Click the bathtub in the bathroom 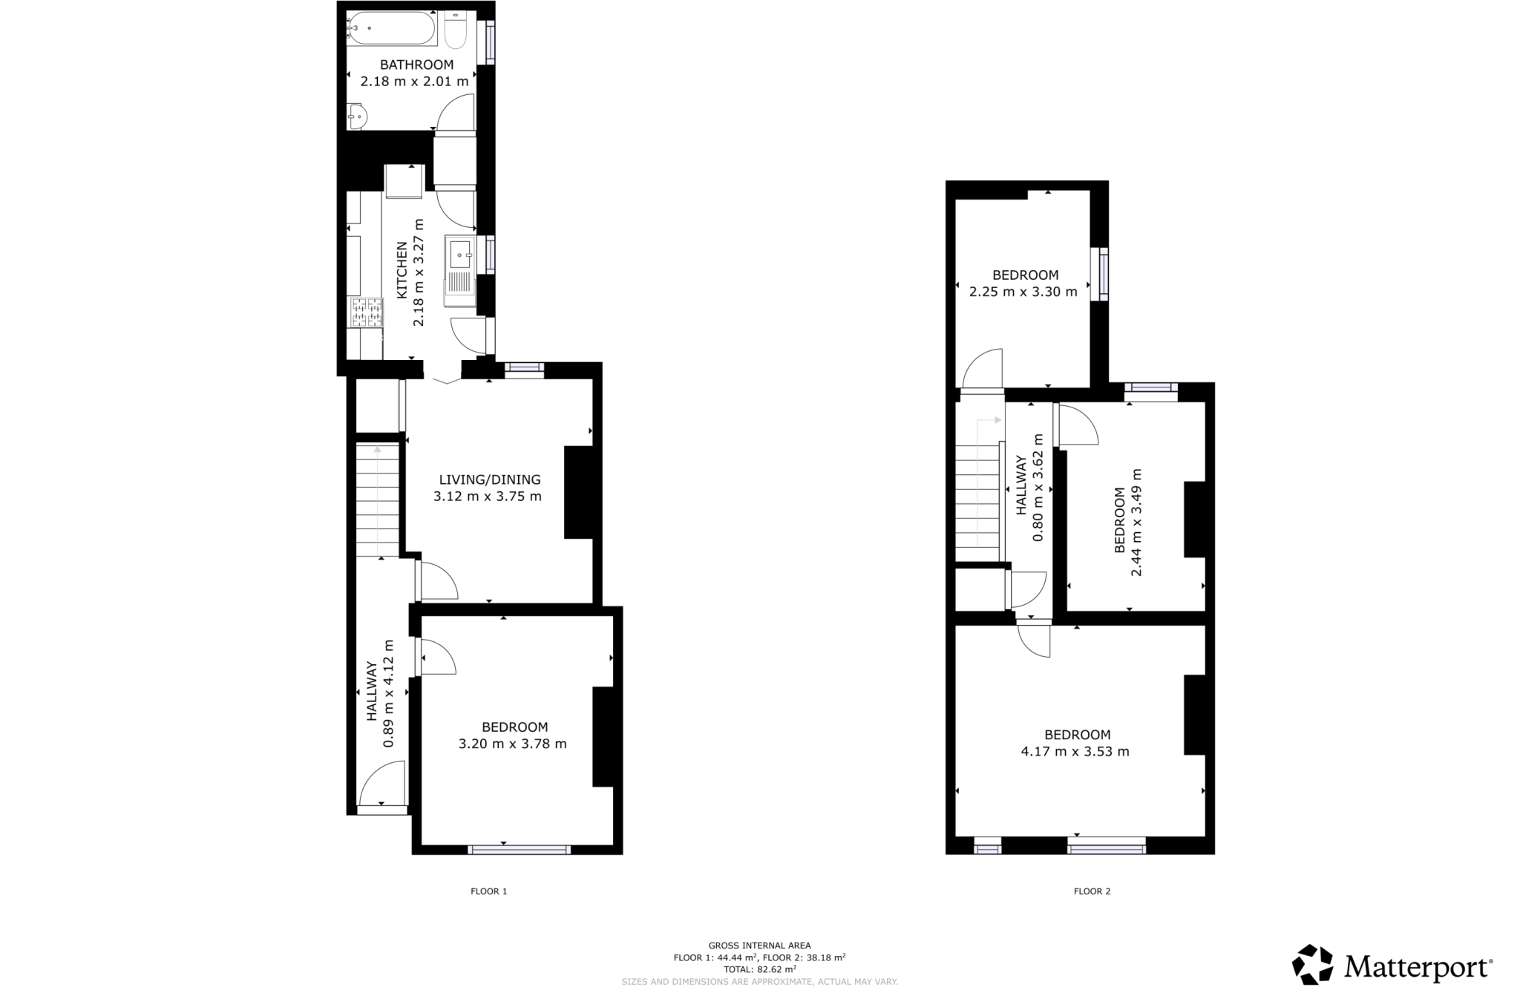click(390, 28)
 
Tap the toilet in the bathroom click(455, 30)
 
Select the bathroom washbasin click(357, 117)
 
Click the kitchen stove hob click(366, 312)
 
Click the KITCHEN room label click(402, 270)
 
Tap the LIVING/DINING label click(490, 479)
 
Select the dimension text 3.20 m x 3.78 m click(513, 744)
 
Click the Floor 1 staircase click(378, 499)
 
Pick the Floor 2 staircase click(977, 502)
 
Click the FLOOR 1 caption click(489, 891)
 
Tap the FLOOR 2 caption click(1092, 891)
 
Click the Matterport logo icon click(1313, 964)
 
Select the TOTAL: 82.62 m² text click(760, 969)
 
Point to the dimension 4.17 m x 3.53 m click(1075, 751)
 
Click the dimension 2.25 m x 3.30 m click(1023, 292)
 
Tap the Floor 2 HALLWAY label click(1021, 485)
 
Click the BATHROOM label click(417, 65)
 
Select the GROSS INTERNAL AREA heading click(760, 946)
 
